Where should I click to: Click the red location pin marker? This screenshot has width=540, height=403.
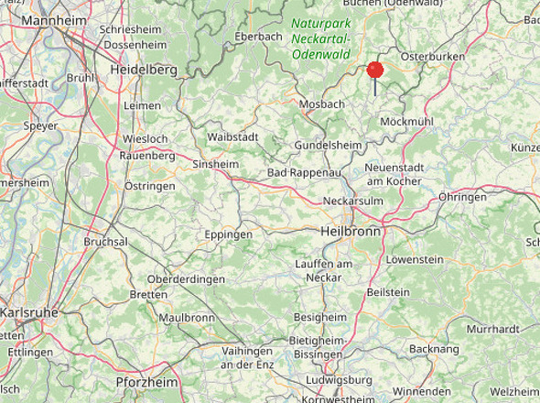pyautogui.click(x=374, y=71)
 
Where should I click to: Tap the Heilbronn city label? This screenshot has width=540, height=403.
pyautogui.click(x=351, y=232)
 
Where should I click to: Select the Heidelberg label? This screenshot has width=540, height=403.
pyautogui.click(x=143, y=70)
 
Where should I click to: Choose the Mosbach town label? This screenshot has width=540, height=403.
pyautogui.click(x=322, y=104)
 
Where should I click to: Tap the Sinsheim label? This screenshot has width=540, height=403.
pyautogui.click(x=215, y=165)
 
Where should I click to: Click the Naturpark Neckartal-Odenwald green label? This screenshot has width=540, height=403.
pyautogui.click(x=321, y=38)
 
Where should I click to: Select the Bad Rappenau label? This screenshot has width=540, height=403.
pyautogui.click(x=303, y=173)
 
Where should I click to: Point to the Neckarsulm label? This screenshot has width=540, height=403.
pyautogui.click(x=352, y=201)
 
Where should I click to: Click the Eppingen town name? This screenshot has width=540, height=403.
pyautogui.click(x=228, y=235)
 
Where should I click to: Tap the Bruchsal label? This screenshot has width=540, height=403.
pyautogui.click(x=105, y=242)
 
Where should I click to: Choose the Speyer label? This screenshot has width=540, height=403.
pyautogui.click(x=40, y=126)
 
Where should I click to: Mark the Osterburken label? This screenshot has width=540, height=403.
pyautogui.click(x=433, y=57)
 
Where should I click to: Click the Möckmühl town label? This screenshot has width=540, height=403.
pyautogui.click(x=405, y=122)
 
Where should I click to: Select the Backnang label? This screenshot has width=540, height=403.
pyautogui.click(x=434, y=349)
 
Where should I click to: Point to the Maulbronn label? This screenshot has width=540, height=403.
pyautogui.click(x=186, y=318)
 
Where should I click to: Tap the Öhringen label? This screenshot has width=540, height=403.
pyautogui.click(x=462, y=197)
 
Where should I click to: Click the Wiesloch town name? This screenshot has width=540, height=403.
pyautogui.click(x=145, y=139)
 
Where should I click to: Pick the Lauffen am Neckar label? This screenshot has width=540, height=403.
pyautogui.click(x=324, y=270)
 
